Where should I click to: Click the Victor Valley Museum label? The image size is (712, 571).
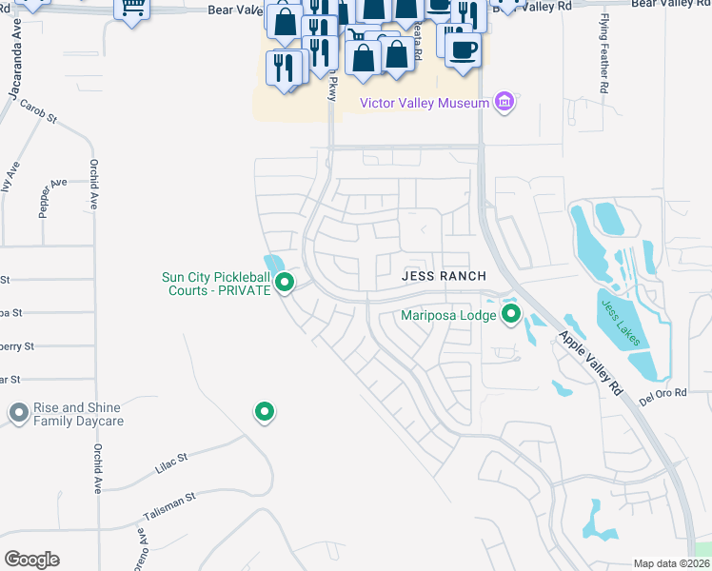coord(425,103)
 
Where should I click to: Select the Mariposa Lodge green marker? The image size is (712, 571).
coord(511,313)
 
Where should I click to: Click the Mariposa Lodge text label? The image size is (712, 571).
coord(446,313)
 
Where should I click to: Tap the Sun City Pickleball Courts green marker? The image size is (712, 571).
coord(284,283)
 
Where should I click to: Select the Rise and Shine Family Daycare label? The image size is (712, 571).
coord(79,414)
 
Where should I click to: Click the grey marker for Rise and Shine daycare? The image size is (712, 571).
coord(17,413)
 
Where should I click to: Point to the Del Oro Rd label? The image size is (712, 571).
coord(663,397)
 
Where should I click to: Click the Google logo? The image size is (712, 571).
coord(31,559)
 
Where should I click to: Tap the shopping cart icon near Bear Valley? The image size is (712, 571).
coord(133,8)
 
